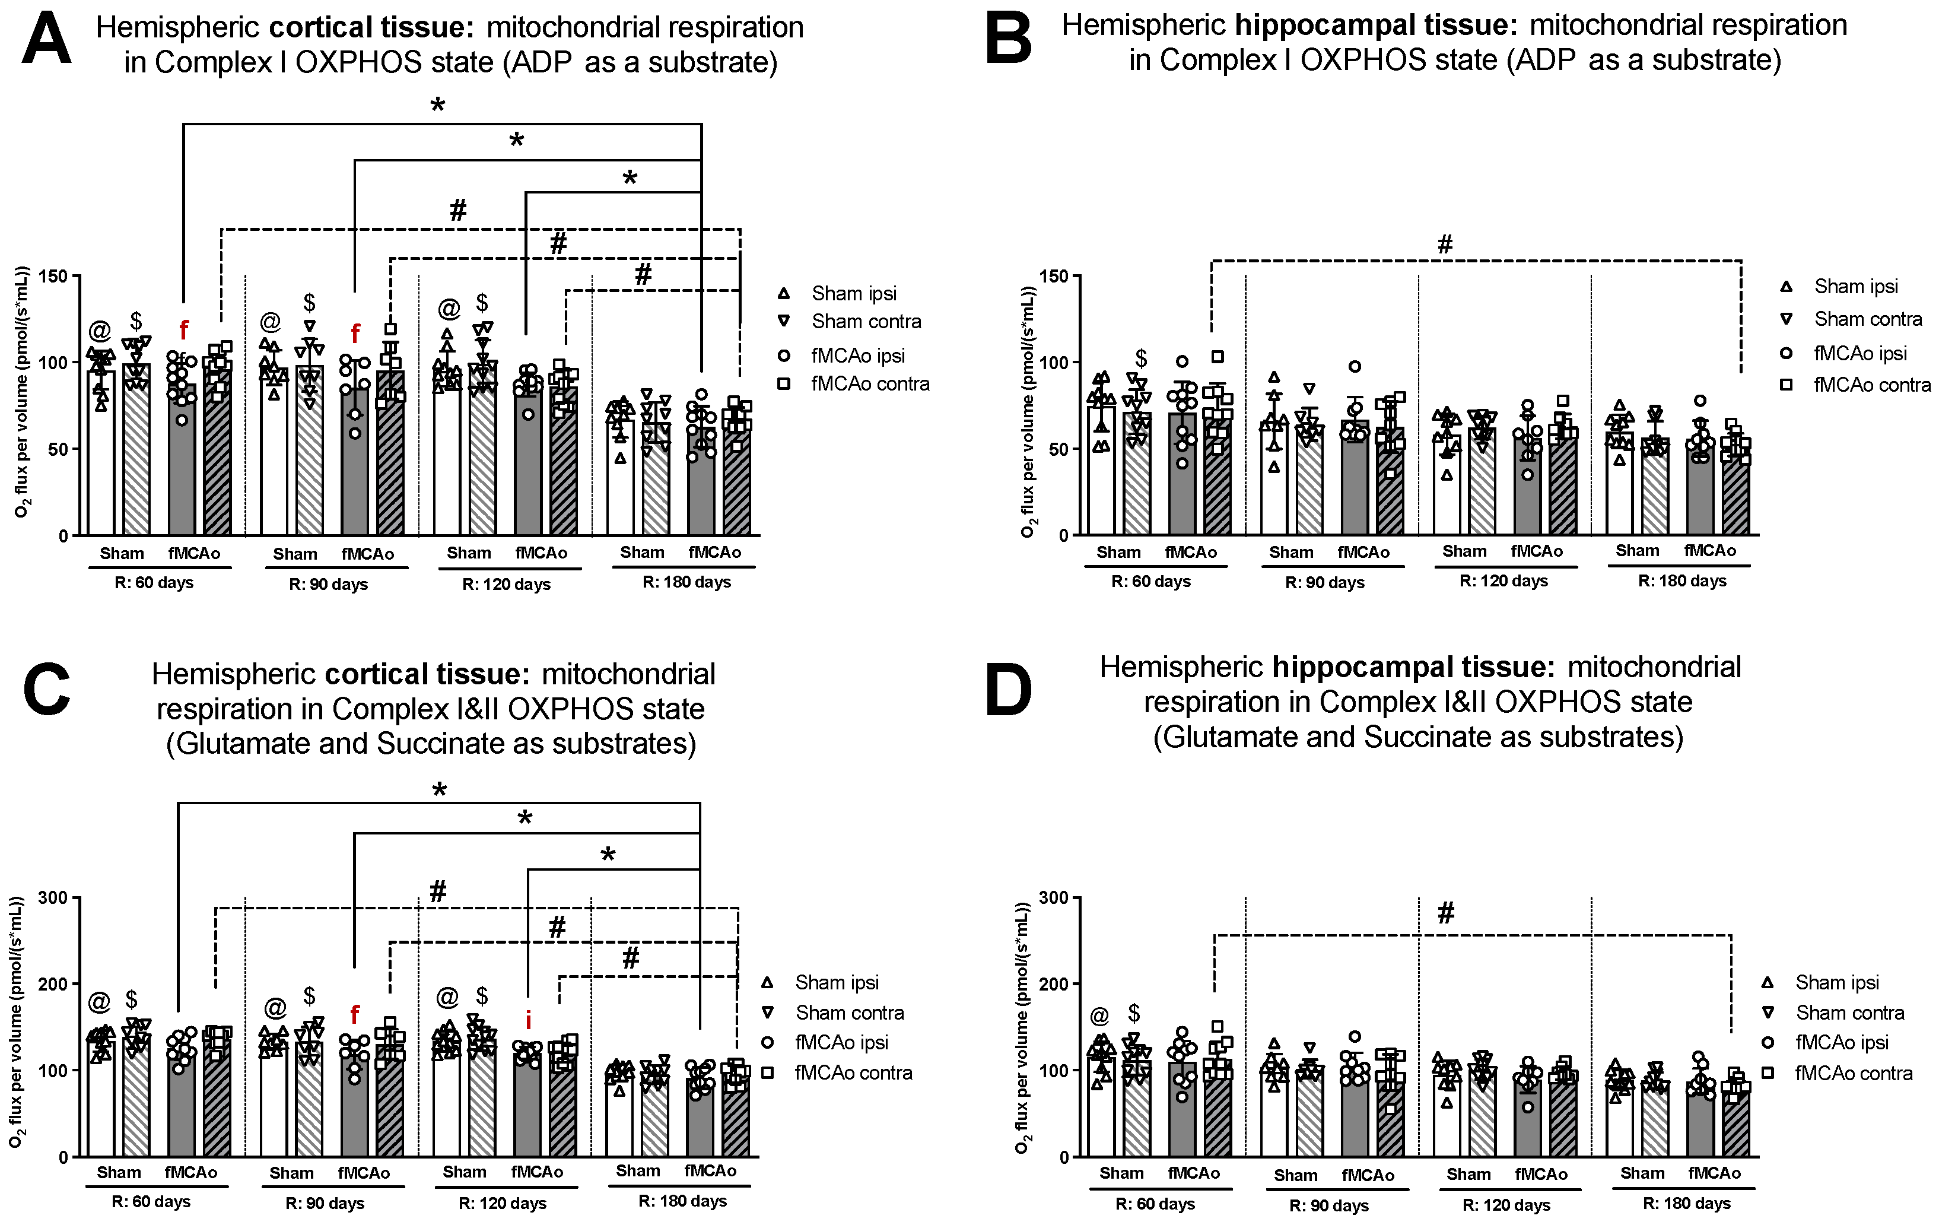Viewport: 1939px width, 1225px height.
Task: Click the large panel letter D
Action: coord(1008,690)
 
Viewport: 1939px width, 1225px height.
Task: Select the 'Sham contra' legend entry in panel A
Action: coord(866,321)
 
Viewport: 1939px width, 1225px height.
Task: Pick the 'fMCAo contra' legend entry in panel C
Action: coord(853,1073)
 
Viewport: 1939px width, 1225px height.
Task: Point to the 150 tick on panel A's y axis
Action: coord(55,276)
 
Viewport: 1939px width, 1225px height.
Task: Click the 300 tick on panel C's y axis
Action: coord(55,897)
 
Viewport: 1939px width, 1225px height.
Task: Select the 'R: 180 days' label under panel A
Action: coord(686,582)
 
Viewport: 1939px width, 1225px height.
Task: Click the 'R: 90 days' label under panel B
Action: coord(1324,582)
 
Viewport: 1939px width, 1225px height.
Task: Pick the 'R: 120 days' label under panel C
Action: coord(503,1203)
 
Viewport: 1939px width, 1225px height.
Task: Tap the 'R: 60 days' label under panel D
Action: coord(1155,1204)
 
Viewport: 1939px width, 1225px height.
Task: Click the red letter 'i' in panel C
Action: coord(528,1020)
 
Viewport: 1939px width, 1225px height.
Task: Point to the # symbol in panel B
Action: coord(1445,244)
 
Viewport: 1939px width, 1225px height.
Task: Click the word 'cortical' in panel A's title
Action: coord(320,27)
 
